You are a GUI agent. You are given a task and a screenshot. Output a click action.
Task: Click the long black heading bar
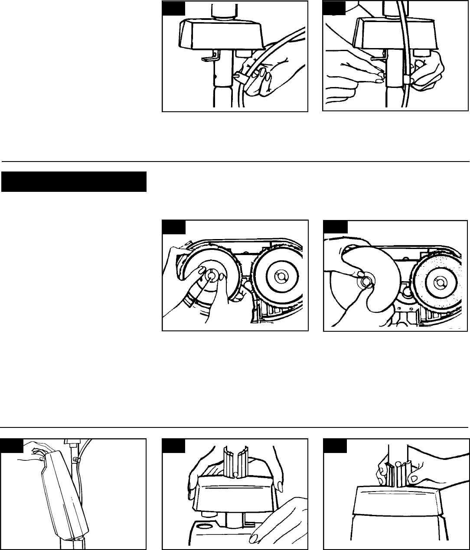(74, 182)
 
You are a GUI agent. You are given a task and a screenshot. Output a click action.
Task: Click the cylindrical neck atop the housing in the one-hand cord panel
(223, 11)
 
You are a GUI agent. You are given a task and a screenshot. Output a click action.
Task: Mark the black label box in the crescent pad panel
(335, 227)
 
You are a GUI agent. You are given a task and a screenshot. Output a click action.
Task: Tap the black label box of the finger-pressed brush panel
(174, 227)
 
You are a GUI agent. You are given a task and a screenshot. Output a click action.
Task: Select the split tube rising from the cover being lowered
(235, 461)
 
